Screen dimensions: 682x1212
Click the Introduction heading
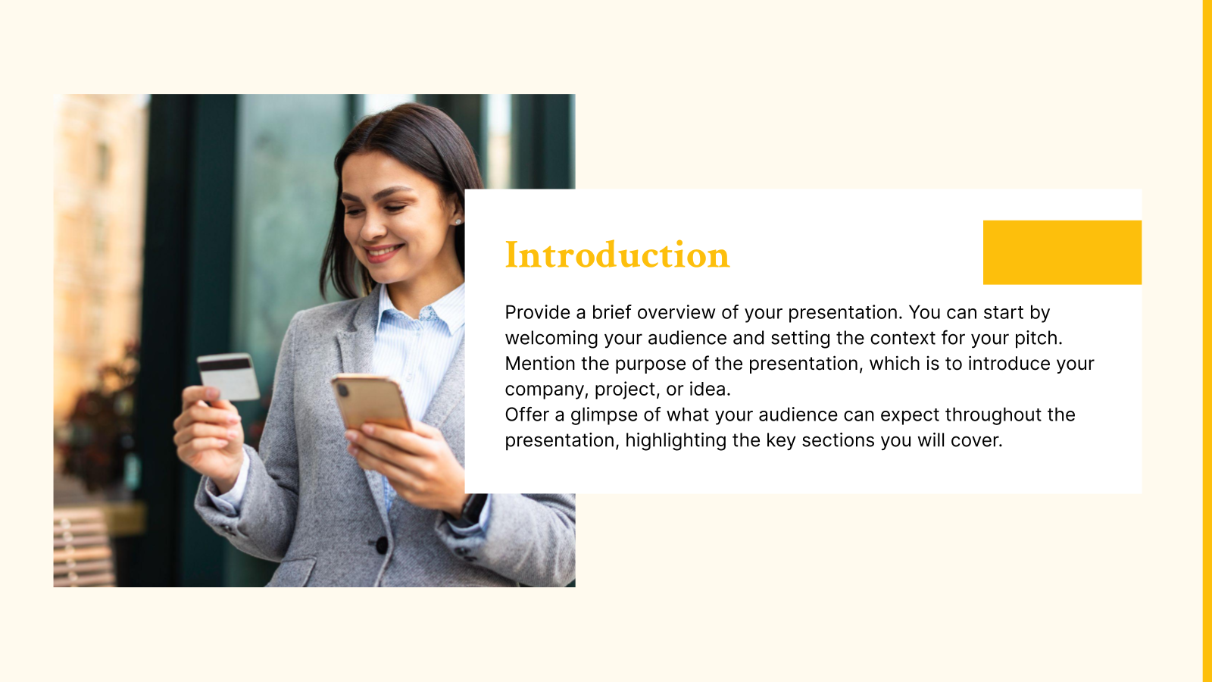click(x=617, y=255)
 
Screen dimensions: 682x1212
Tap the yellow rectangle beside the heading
click(x=1062, y=252)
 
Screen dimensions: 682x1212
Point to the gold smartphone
click(x=372, y=402)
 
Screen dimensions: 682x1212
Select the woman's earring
click(x=458, y=221)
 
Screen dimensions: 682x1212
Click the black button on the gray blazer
click(x=382, y=543)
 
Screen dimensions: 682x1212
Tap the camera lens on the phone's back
click(x=342, y=391)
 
